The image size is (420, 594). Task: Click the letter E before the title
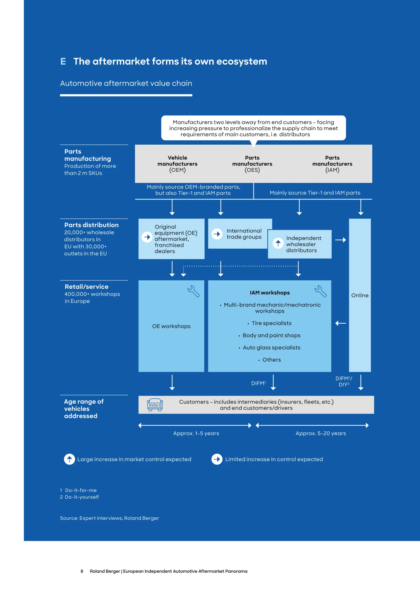[63, 61]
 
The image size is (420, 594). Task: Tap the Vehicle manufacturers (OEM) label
[177, 164]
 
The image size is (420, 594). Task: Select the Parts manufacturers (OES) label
[252, 164]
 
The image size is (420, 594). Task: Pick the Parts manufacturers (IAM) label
[332, 164]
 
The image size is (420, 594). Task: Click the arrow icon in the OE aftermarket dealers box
[147, 237]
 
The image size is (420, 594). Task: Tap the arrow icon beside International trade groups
[217, 234]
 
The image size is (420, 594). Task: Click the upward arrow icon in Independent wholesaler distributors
[278, 243]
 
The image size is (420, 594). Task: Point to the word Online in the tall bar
[360, 295]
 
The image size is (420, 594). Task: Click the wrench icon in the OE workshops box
[193, 291]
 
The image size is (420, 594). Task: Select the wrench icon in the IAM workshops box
[320, 291]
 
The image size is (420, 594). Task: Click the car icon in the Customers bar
[155, 405]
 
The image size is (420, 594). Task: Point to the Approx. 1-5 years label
[196, 433]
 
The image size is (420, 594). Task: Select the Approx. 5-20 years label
[321, 433]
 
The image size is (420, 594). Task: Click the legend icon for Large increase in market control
[69, 459]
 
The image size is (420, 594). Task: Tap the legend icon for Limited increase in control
[217, 459]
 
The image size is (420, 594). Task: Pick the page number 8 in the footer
[82, 571]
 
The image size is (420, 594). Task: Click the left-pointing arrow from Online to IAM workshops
[340, 323]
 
